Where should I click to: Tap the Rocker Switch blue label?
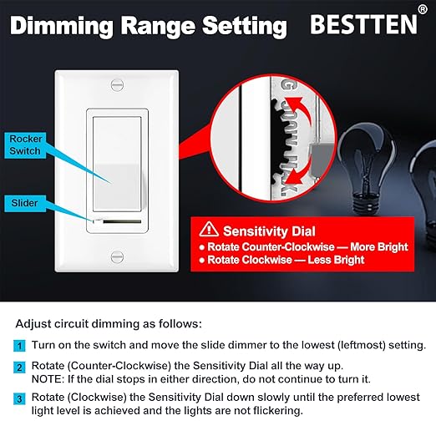[x=25, y=144]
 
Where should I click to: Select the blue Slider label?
[x=23, y=202]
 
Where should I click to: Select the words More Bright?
[x=373, y=247]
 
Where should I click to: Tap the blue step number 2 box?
[x=19, y=368]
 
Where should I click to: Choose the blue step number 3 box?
[x=19, y=398]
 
